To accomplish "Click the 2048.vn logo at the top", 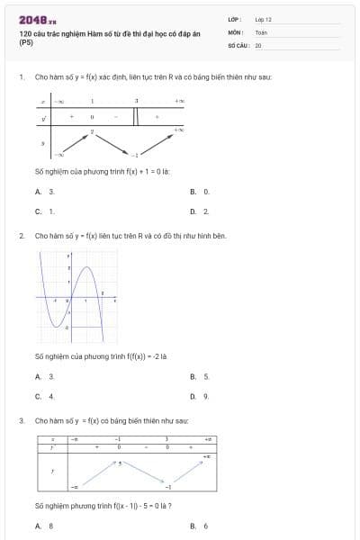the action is click(37, 19).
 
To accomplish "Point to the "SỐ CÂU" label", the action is click(237, 44).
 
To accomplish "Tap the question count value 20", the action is click(258, 44).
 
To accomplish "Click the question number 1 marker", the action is click(21, 77).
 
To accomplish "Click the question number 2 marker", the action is click(21, 236).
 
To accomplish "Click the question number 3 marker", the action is click(21, 420).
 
